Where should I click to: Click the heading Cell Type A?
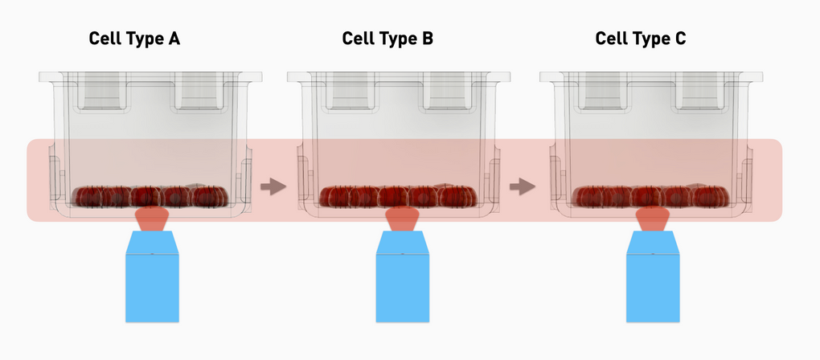(x=134, y=39)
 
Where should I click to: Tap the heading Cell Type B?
(x=387, y=39)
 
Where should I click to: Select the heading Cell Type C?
(x=641, y=39)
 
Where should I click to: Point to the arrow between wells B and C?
(x=523, y=187)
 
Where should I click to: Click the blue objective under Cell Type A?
(x=150, y=277)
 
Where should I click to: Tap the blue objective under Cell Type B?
(x=401, y=277)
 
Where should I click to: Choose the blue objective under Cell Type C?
(x=652, y=277)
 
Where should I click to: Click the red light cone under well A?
(x=150, y=218)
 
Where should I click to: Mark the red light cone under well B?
(x=401, y=218)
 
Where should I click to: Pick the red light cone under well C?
(x=652, y=218)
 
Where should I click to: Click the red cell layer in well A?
(x=150, y=196)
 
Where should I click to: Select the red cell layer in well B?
(x=400, y=196)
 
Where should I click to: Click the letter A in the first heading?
(x=174, y=39)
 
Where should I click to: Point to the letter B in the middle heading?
(x=427, y=39)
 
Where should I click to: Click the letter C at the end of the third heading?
(x=680, y=39)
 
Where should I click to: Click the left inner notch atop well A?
(x=101, y=90)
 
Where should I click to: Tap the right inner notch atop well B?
(x=450, y=90)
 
